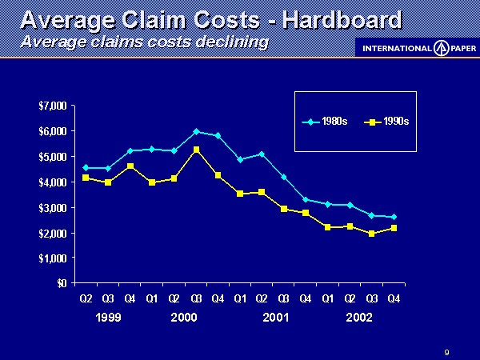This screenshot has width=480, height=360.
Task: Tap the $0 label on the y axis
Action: click(x=59, y=282)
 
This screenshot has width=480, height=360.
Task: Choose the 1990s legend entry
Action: click(x=387, y=122)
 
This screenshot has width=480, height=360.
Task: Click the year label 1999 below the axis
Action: click(x=107, y=318)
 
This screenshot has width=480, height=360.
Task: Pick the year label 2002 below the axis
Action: click(x=360, y=318)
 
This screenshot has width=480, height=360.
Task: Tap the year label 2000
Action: click(x=184, y=318)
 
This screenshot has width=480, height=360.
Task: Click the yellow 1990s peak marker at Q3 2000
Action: click(x=196, y=150)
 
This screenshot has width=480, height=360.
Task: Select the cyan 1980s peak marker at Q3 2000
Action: click(x=196, y=131)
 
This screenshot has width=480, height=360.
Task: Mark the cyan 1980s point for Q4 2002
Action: click(x=394, y=217)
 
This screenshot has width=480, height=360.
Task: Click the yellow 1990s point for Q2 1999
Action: click(x=86, y=177)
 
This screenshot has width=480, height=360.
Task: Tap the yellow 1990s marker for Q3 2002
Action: click(x=372, y=234)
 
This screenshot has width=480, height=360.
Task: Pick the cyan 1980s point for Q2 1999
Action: click(x=86, y=168)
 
